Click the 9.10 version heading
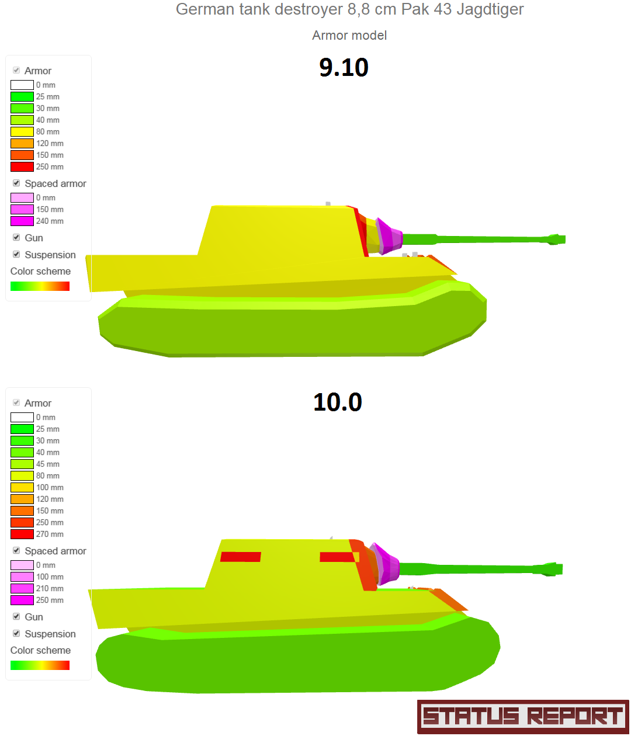[344, 67]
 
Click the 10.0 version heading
[337, 402]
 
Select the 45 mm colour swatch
[22, 464]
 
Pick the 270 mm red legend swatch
[22, 534]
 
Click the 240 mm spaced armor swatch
[22, 221]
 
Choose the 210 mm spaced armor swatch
[22, 588]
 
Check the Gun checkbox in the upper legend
[16, 237]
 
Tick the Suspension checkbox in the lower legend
[16, 633]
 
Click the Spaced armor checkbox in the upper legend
[16, 183]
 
